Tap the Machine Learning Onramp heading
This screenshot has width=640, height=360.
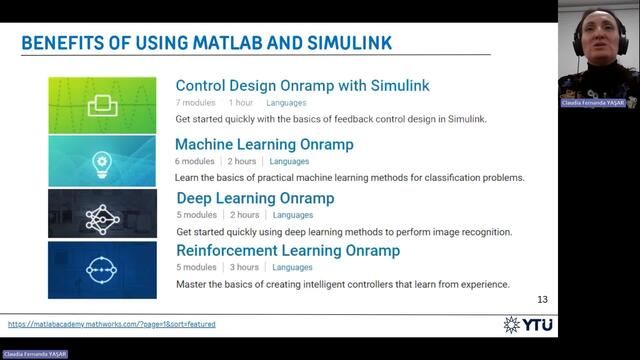click(x=264, y=144)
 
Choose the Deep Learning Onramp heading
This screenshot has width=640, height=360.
click(x=255, y=198)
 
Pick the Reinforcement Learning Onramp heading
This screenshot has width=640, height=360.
click(x=288, y=250)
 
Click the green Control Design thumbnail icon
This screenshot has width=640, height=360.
click(x=102, y=105)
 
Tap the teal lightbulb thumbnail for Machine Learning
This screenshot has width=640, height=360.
click(x=102, y=161)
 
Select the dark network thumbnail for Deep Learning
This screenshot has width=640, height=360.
click(x=102, y=214)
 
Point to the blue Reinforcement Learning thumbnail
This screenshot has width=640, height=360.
click(x=102, y=269)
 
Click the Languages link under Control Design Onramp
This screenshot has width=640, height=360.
click(x=286, y=103)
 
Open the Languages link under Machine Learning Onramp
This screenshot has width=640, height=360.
click(x=289, y=161)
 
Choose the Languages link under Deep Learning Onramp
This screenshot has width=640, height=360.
click(x=293, y=215)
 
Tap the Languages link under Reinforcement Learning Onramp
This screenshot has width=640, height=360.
click(x=293, y=267)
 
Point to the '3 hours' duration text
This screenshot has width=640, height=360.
click(x=245, y=267)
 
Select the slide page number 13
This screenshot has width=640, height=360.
click(x=543, y=299)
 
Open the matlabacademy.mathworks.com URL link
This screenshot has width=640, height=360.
click(x=111, y=324)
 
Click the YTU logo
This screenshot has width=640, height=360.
click(x=529, y=324)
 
